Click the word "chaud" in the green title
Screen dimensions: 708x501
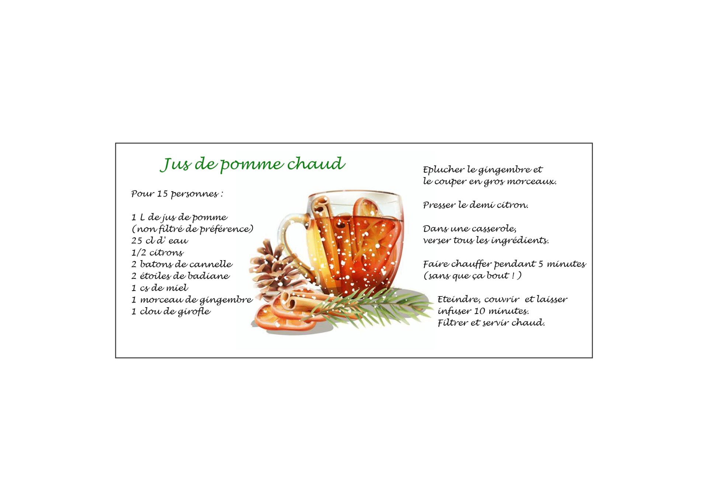(x=316, y=164)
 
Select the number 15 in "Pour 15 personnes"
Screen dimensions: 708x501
(x=162, y=194)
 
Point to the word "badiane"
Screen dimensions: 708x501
(x=209, y=276)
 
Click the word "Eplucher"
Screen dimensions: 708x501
(x=444, y=170)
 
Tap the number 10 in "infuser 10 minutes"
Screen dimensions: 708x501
(x=479, y=311)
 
